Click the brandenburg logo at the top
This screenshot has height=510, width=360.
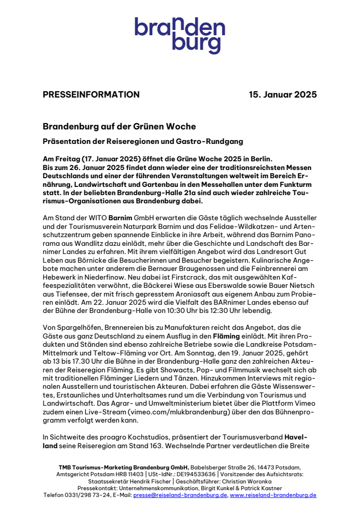coord(180,35)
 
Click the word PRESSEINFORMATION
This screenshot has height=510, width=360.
coord(91,95)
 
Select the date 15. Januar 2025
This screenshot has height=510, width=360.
coord(283,95)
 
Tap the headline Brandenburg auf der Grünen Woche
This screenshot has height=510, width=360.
coord(119,127)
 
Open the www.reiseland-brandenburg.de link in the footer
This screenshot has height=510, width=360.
coord(273,495)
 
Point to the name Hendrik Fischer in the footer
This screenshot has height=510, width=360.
coord(137,482)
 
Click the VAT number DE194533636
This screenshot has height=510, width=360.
coord(187,474)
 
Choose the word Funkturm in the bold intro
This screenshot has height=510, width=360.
coord(292,184)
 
